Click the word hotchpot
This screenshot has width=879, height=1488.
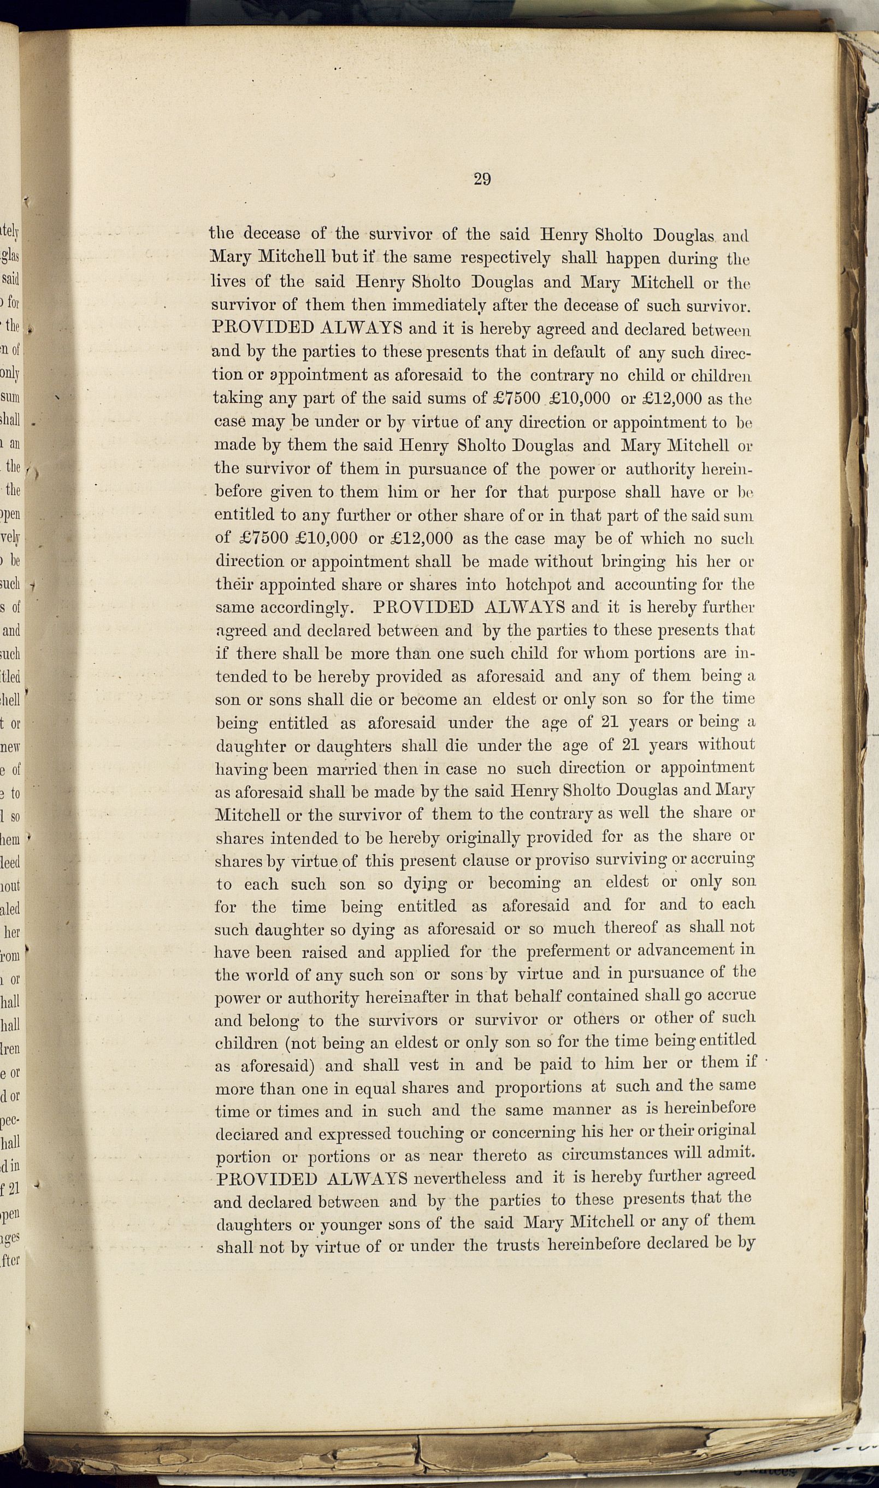click(538, 585)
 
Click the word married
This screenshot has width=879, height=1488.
click(346, 769)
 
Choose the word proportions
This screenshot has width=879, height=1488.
click(546, 1088)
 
